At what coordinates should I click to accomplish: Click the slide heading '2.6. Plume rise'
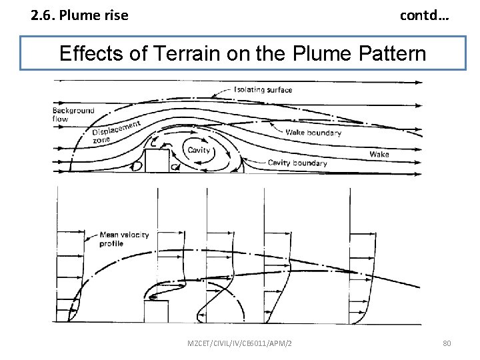click(79, 14)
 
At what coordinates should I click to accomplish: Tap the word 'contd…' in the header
click(424, 14)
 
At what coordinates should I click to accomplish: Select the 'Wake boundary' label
click(313, 133)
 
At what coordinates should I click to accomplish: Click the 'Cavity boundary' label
click(297, 163)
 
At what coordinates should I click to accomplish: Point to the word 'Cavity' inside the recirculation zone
click(199, 150)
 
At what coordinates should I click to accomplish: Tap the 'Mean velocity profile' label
click(123, 239)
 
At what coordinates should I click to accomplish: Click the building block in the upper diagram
click(157, 161)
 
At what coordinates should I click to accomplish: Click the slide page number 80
click(447, 343)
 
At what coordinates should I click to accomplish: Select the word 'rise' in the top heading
click(116, 14)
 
